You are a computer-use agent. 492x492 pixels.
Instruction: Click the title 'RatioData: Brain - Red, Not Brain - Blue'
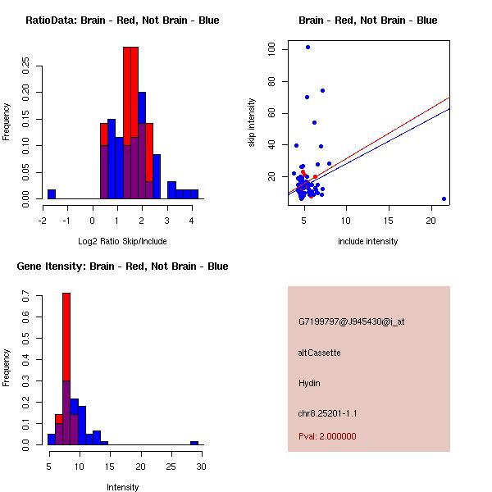point(122,20)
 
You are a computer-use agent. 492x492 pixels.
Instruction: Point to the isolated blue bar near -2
point(52,194)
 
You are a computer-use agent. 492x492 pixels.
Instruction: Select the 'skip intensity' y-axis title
point(252,123)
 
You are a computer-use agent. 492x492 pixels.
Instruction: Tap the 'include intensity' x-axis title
point(368,241)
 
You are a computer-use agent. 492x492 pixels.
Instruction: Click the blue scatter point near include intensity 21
point(444,198)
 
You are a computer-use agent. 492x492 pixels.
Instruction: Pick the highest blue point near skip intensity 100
point(307,47)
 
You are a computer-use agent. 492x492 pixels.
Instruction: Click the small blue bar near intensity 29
point(194,443)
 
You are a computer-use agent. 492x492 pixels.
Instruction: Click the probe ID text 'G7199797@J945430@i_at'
point(351,321)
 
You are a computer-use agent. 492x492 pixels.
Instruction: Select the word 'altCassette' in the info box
point(320,353)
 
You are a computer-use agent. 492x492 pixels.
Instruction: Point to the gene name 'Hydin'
point(309,383)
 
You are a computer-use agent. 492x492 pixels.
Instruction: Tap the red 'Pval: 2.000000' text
point(327,436)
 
